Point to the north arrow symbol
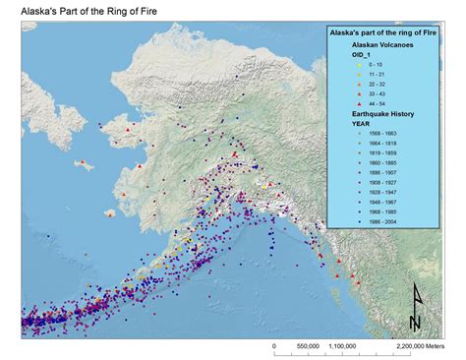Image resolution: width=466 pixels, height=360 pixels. point(415,306)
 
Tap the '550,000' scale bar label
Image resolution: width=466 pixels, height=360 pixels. point(308,346)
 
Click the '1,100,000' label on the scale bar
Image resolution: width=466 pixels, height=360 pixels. point(343,346)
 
